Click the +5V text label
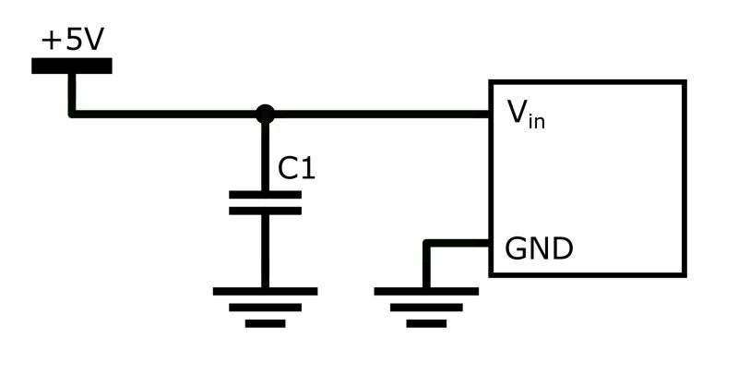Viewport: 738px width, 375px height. pos(72,41)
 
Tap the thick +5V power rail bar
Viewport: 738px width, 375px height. pos(72,66)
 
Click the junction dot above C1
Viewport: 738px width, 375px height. pos(265,115)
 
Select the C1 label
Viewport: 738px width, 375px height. pos(297,168)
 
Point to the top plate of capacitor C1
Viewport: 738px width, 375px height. pos(265,195)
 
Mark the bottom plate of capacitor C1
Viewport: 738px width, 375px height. pos(265,211)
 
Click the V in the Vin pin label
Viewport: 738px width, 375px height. pos(517,112)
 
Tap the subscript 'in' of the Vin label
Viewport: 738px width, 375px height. pos(536,121)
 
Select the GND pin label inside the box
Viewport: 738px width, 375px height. pos(539,249)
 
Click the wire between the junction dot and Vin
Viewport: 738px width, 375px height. pos(378,115)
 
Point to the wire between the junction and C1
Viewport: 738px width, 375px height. pos(265,155)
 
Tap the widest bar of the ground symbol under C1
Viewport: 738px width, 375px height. pos(265,291)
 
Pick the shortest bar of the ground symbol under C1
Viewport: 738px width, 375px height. pos(265,324)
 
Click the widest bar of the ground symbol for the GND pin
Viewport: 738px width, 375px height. pos(426,291)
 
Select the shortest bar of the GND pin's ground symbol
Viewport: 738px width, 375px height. pos(426,324)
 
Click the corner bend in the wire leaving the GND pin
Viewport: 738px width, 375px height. pos(426,244)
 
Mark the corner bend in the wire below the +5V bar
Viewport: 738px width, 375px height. pos(72,115)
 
